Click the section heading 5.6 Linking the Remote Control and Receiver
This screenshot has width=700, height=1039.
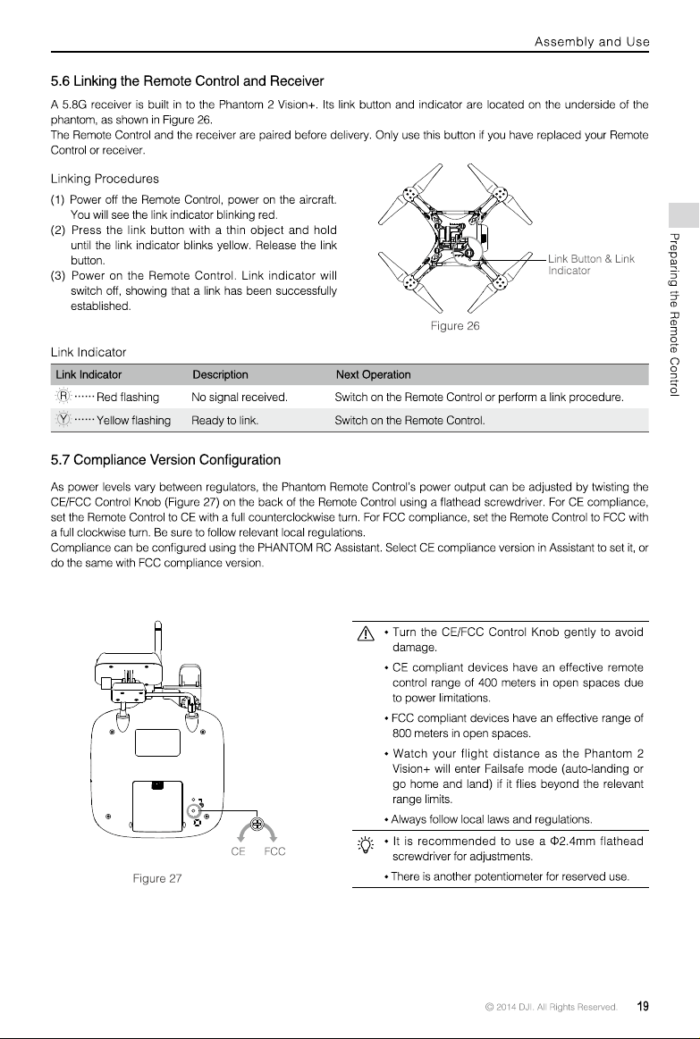(187, 81)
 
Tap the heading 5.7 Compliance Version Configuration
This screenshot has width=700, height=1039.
(165, 460)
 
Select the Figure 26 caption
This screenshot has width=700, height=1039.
(455, 326)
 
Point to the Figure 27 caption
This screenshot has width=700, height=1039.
(157, 879)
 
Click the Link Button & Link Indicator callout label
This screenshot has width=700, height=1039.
(591, 264)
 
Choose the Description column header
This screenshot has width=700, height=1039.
(220, 374)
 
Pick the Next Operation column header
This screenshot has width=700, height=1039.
(373, 374)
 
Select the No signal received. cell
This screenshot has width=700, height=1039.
(240, 398)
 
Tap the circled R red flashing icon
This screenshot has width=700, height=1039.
(63, 397)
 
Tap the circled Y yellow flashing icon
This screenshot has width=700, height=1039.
(63, 420)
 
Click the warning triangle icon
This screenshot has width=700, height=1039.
(366, 634)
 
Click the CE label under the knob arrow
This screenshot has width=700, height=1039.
(238, 851)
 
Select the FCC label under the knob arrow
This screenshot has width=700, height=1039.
(274, 851)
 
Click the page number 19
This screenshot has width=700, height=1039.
(643, 1007)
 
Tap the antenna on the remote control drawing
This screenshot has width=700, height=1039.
(157, 637)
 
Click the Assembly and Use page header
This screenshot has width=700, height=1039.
(592, 42)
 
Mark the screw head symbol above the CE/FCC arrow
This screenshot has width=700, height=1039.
(258, 825)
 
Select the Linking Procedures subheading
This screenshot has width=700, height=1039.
(105, 179)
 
